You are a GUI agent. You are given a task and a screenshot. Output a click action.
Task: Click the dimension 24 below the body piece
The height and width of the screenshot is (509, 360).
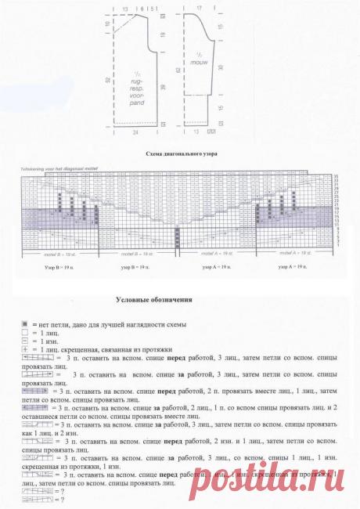coord(137,134)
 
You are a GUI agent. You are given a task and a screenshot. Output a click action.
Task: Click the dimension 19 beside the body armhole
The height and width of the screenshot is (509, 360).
coord(161,35)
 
